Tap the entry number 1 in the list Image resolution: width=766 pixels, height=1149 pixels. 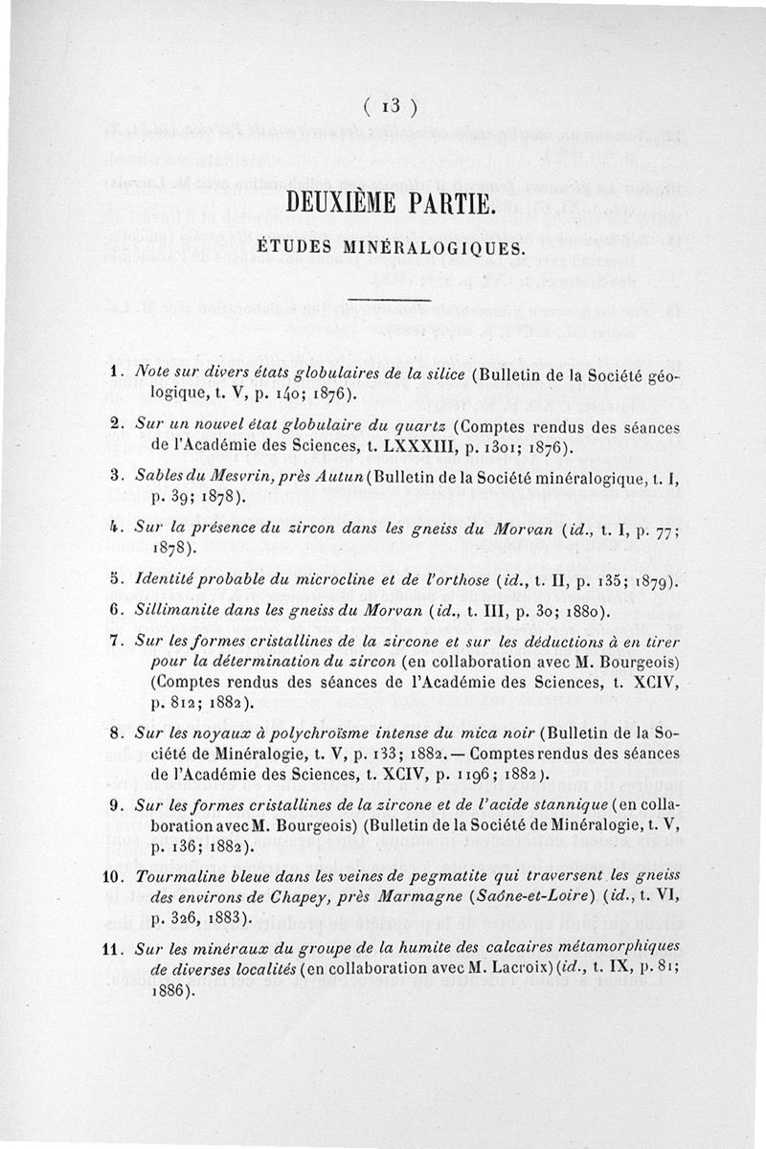(x=113, y=371)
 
